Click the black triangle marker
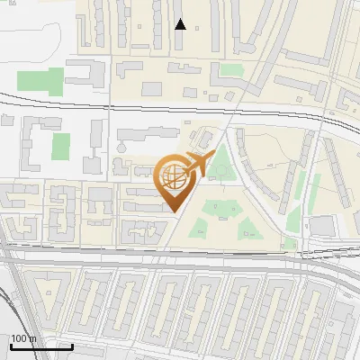pos(180,24)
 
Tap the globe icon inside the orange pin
pos(175,176)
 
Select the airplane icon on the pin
pos(197,165)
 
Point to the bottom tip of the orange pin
pos(175,212)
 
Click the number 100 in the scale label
pos(19,338)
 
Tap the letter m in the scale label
pos(33,338)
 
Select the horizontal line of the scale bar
pos(40,346)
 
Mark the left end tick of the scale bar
pos(10,345)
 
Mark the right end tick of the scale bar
pos(72,345)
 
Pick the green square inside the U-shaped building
pos(61,148)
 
